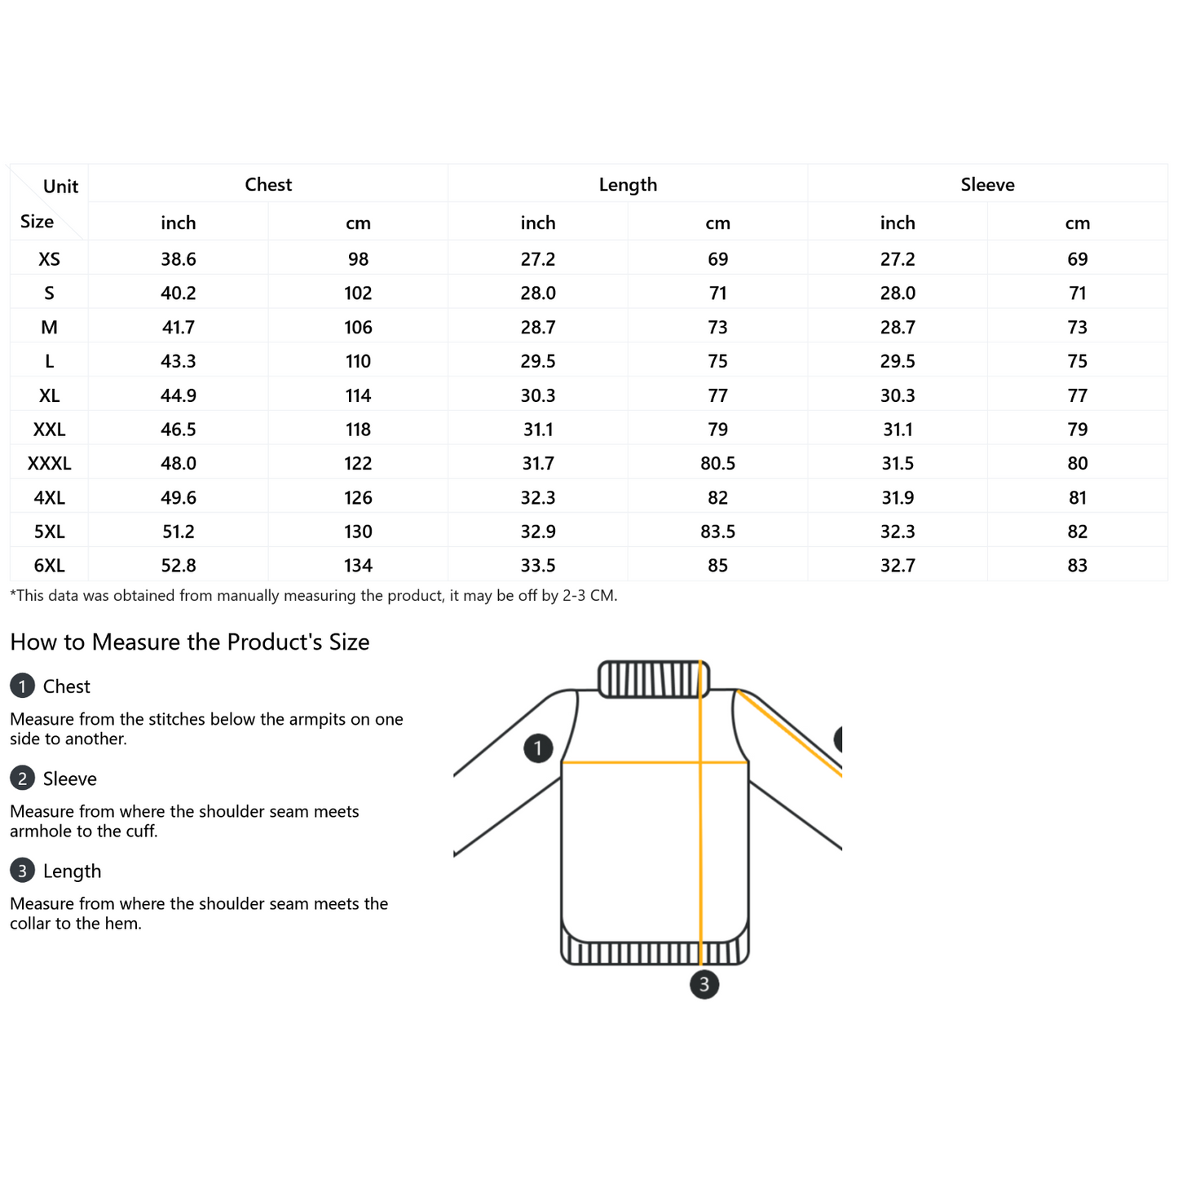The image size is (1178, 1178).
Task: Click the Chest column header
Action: [268, 184]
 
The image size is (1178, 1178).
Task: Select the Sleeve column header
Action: [987, 184]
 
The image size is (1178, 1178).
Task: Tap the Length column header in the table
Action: [628, 184]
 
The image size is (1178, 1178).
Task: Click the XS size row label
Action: [49, 259]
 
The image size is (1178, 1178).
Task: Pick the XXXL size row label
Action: [49, 464]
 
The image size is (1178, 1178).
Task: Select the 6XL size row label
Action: [49, 566]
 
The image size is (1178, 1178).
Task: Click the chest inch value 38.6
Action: [179, 259]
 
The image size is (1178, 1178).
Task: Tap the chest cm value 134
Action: [358, 566]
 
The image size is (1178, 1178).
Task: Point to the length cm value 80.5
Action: [717, 464]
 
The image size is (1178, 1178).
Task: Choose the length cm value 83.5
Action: [717, 532]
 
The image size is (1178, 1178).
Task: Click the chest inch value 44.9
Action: [179, 395]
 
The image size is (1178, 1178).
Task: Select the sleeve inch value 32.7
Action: [898, 566]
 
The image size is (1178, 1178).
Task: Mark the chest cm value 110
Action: [358, 361]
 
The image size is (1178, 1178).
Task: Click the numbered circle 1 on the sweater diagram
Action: [538, 748]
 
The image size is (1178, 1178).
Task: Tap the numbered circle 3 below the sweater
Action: [704, 984]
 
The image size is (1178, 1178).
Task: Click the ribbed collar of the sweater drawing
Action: [654, 679]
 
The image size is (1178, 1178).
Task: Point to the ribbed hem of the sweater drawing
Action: [655, 951]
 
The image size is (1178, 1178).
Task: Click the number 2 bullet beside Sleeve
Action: [22, 779]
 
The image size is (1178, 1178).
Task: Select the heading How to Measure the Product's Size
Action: [190, 642]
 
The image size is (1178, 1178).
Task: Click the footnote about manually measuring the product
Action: [314, 596]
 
